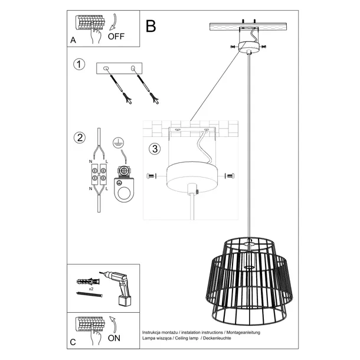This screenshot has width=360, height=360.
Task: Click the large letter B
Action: [x=151, y=26]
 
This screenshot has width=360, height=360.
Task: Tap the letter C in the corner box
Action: [x=73, y=342]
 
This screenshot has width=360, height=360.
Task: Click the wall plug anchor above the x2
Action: [x=87, y=280]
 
